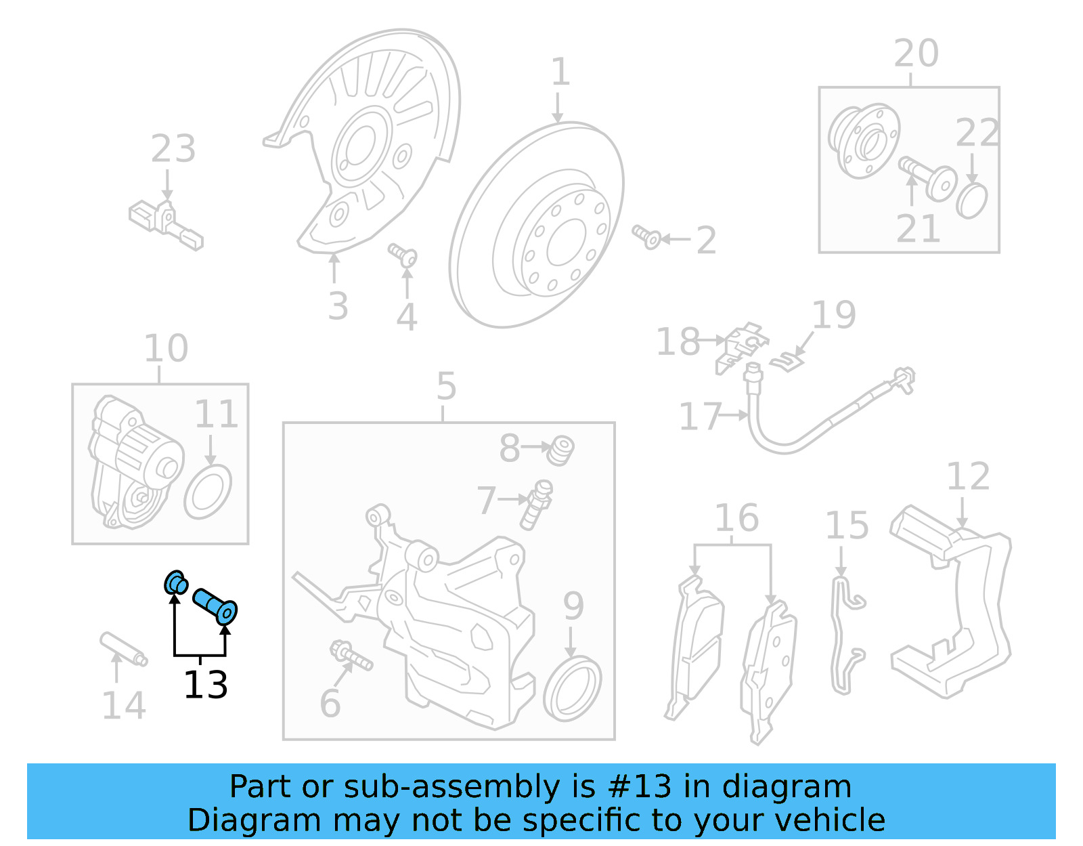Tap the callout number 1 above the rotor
pyautogui.click(x=560, y=72)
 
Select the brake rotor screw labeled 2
pyautogui.click(x=647, y=237)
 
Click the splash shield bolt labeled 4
pyautogui.click(x=403, y=255)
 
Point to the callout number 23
pyautogui.click(x=173, y=148)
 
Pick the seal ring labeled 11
pyautogui.click(x=207, y=491)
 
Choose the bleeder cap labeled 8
pyautogui.click(x=561, y=450)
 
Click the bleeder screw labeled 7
pyautogui.click(x=537, y=505)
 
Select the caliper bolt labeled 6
pyautogui.click(x=351, y=656)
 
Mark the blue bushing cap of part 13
pyautogui.click(x=176, y=583)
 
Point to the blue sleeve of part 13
pyautogui.click(x=215, y=606)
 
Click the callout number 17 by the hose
pyautogui.click(x=700, y=416)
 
